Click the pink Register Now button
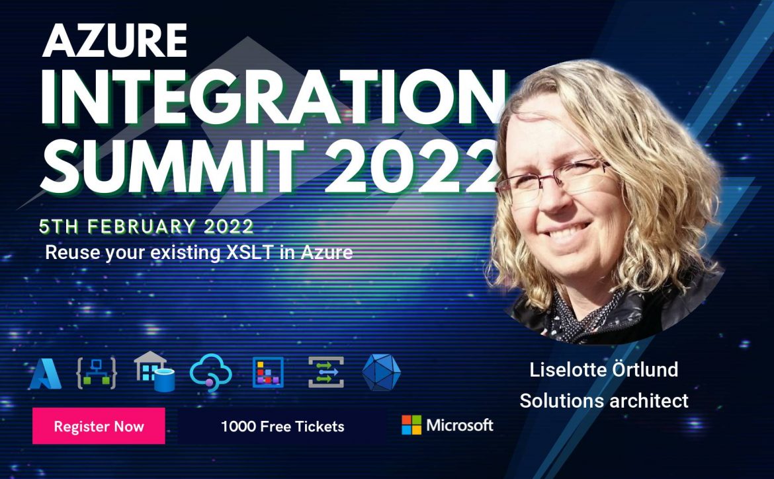tap(99, 425)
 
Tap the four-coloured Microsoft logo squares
tap(411, 425)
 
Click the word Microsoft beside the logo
tap(460, 425)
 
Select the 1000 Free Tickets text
tap(282, 426)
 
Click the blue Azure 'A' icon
tap(46, 373)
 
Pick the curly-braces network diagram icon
tap(97, 373)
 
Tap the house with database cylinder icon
tap(155, 371)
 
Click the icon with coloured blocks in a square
tap(268, 372)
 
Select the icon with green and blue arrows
tap(325, 372)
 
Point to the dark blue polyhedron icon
tap(382, 373)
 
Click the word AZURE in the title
tap(114, 40)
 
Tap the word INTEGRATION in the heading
tap(274, 98)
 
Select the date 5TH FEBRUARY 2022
tap(146, 226)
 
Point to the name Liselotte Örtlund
tap(604, 369)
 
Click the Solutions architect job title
tap(604, 400)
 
